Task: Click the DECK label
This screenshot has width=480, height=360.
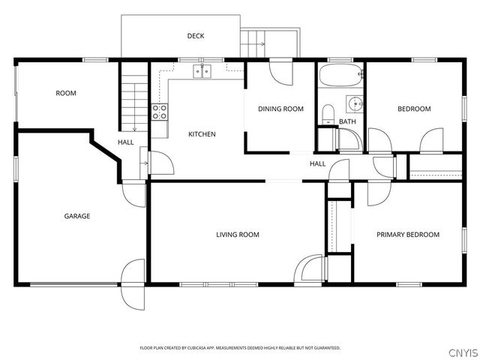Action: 196,36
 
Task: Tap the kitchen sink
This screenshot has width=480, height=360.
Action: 202,71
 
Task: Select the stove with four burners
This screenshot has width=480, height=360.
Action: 160,112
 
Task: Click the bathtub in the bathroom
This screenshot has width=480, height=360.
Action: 340,75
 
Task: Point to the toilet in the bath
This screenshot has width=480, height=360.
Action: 328,115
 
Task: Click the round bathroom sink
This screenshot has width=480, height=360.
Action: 355,104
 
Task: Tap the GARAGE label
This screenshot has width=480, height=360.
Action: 77,216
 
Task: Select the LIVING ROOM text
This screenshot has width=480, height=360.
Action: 238,235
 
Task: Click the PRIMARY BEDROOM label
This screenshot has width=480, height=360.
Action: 408,235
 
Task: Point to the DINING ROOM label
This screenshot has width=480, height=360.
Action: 280,109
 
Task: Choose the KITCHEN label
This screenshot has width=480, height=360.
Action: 202,134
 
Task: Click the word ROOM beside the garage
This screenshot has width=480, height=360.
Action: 66,93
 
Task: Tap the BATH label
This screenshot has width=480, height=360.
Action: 347,121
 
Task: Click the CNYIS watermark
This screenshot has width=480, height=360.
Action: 463,352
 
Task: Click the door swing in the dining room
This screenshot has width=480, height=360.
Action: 281,73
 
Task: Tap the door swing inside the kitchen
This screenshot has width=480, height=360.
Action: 162,163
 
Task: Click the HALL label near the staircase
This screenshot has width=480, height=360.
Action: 126,142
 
